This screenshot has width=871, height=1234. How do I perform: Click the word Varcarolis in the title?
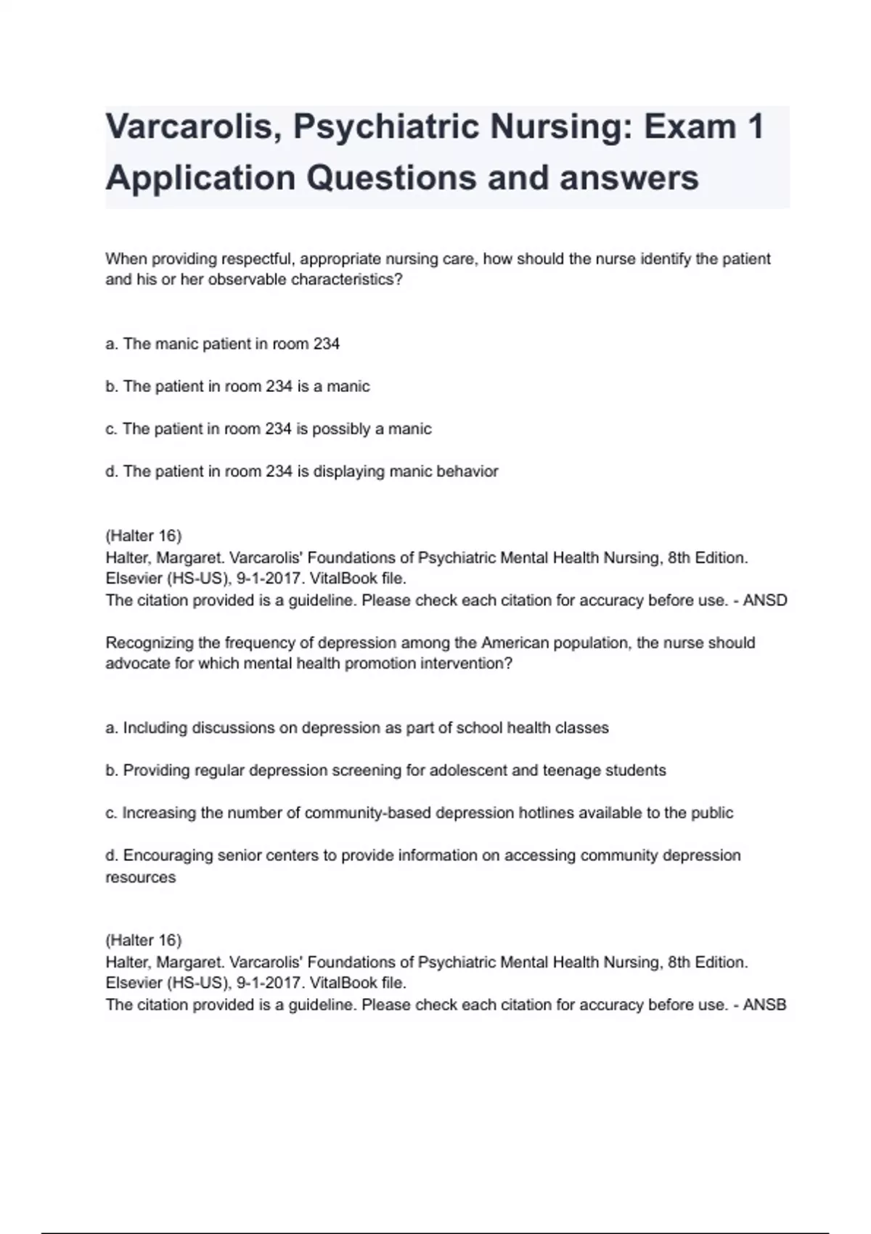click(189, 127)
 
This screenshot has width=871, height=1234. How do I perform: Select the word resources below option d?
click(140, 877)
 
